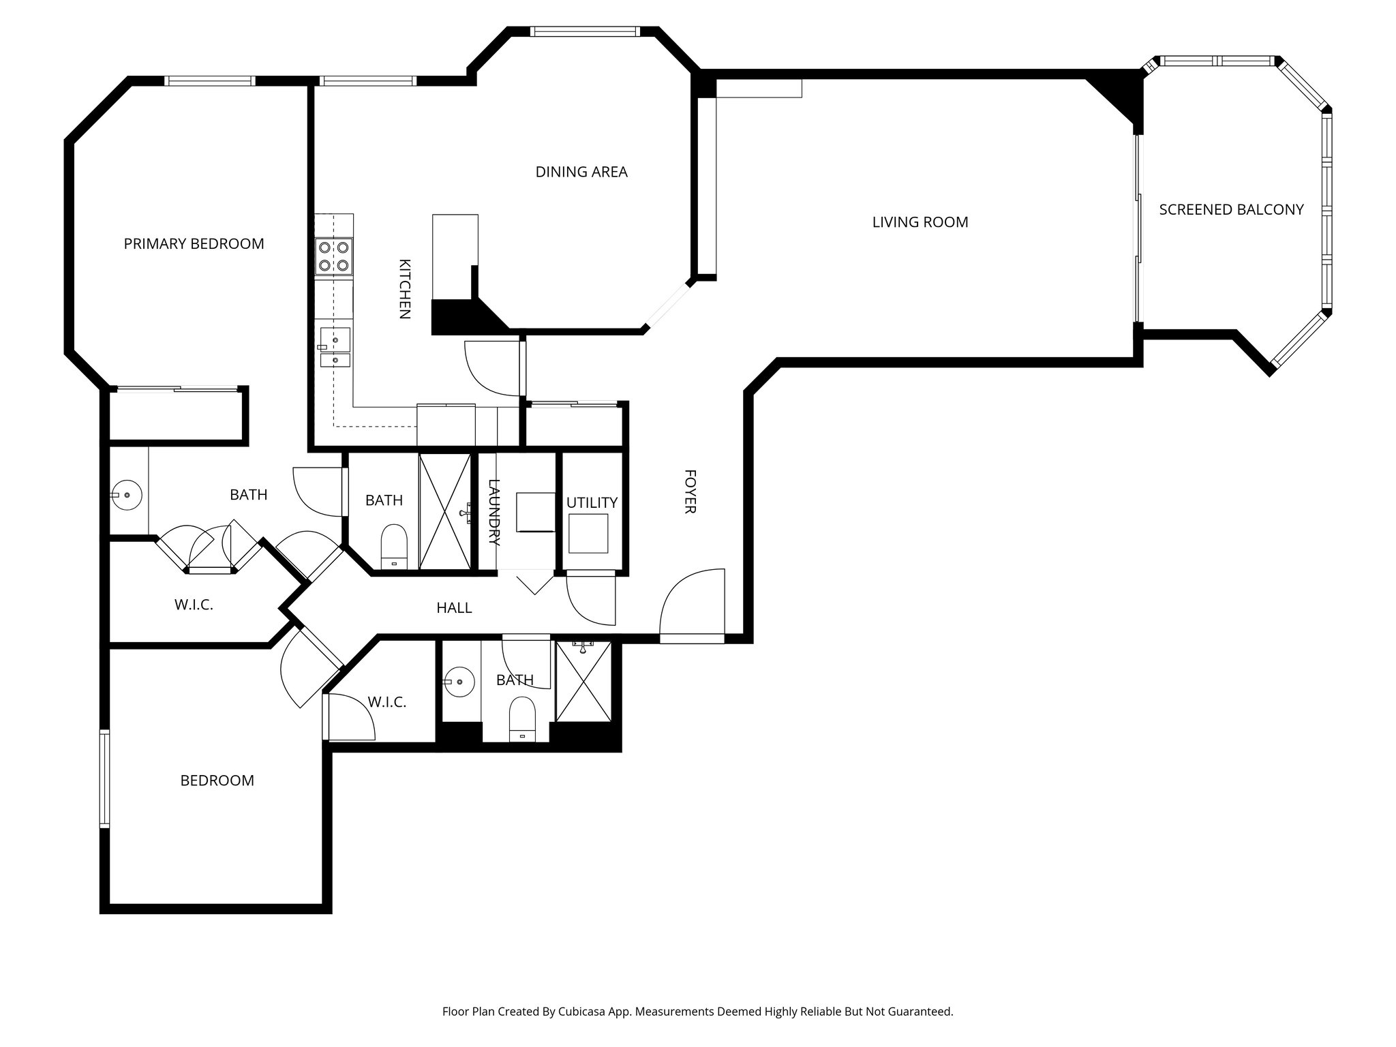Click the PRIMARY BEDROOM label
194,244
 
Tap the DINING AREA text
581,172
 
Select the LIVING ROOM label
920,222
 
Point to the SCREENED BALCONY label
1231,210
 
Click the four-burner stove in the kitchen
334,256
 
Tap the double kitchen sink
335,348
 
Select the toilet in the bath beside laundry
394,546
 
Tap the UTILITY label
592,503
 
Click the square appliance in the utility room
588,534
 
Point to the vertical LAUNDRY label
495,513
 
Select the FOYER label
689,491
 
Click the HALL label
454,608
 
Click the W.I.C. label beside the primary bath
194,605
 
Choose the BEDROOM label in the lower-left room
217,781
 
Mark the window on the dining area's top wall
585,31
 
